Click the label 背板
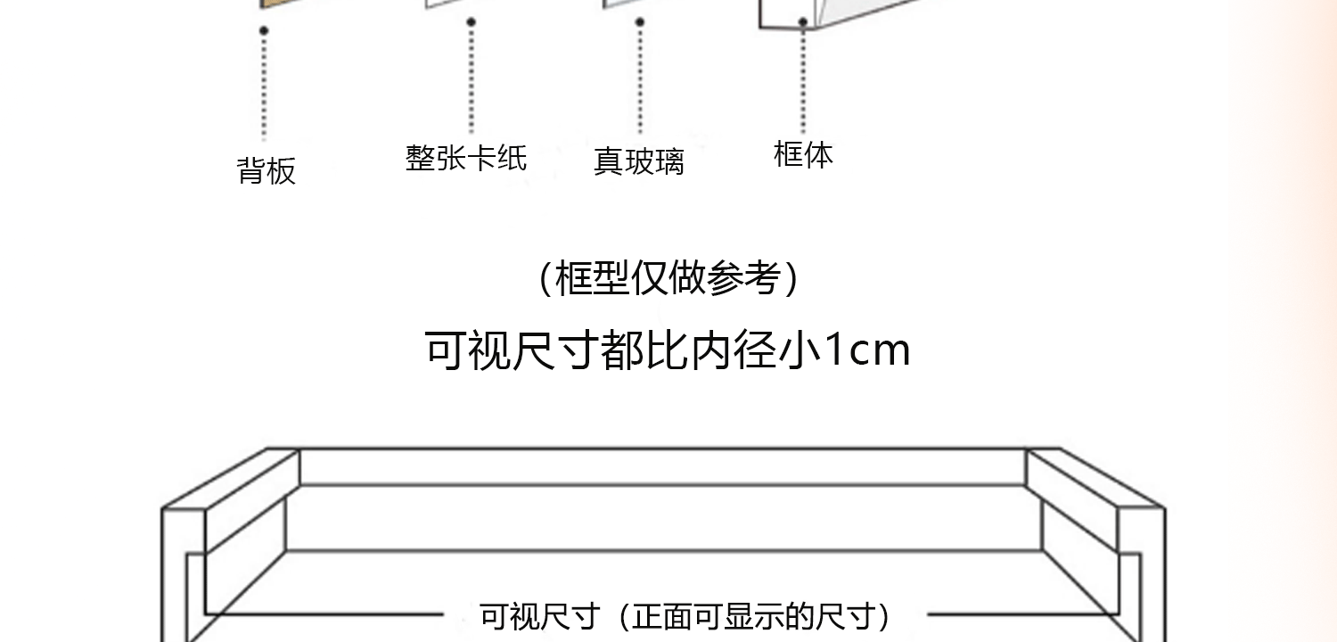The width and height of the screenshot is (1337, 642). pos(266,170)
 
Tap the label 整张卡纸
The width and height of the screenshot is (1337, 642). pos(466,158)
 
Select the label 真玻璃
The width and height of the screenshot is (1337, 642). pos(638,161)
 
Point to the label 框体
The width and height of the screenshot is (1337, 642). pos(803,153)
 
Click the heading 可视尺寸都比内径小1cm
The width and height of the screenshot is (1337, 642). pos(668,350)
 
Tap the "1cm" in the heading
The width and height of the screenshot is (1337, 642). pos(866,350)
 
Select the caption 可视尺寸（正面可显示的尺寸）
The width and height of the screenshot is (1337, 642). pos(685,616)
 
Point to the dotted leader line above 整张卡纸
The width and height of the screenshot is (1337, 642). pos(471,78)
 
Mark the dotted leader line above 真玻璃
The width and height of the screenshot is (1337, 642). pos(639,78)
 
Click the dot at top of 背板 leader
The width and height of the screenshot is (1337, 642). pos(264,30)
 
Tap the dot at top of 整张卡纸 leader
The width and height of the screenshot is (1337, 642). pos(471,21)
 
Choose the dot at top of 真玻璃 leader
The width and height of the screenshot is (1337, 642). pos(639,21)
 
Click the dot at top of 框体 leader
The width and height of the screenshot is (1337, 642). pos(803,21)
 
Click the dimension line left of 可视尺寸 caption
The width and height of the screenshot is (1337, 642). pos(325,614)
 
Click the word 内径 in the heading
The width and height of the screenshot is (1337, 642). pos(734,350)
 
